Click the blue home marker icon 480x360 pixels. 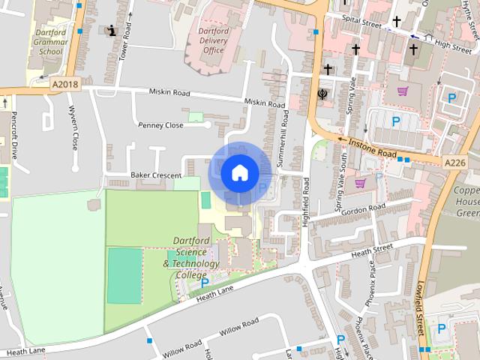(x=239, y=172)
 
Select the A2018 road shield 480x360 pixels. (x=65, y=85)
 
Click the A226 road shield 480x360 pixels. (x=454, y=162)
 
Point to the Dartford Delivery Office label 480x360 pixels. (x=213, y=40)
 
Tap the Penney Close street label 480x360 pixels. (x=160, y=125)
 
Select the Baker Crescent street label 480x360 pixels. (x=156, y=175)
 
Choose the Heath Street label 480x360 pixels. (x=372, y=248)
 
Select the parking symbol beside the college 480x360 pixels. (x=205, y=283)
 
